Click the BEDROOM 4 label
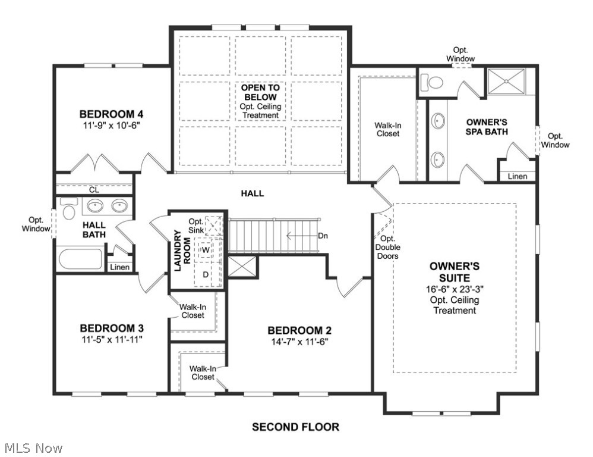click(x=112, y=114)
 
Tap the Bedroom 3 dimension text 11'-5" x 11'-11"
click(x=112, y=340)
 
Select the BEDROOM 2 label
click(x=299, y=331)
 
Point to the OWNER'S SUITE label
click(x=454, y=272)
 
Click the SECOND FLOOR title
click(x=295, y=427)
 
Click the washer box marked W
click(x=206, y=250)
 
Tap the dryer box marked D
click(x=206, y=274)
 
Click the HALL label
click(x=253, y=193)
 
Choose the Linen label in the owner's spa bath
click(x=518, y=177)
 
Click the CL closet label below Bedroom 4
click(x=94, y=190)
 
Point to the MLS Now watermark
click(x=33, y=447)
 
